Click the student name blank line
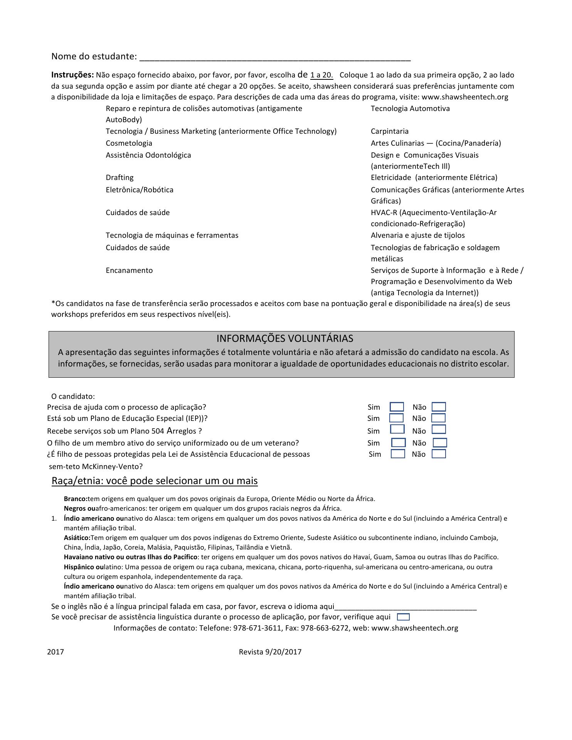[275, 57]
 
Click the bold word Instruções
[72, 75]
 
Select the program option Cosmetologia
[129, 143]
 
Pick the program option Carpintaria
[389, 131]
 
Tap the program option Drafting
[119, 178]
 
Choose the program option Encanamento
[129, 271]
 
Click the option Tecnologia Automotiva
[410, 109]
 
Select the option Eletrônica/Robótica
[140, 190]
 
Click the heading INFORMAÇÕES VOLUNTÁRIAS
[285, 338]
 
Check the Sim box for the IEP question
[396, 418]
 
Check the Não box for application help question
[439, 407]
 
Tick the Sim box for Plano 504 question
[397, 429]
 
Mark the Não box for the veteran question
[440, 443]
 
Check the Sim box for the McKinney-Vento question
[398, 454]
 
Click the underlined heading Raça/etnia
[155, 481]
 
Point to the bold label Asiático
[77, 538]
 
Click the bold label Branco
[76, 499]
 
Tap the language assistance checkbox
[403, 617]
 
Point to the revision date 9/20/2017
[283, 652]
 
